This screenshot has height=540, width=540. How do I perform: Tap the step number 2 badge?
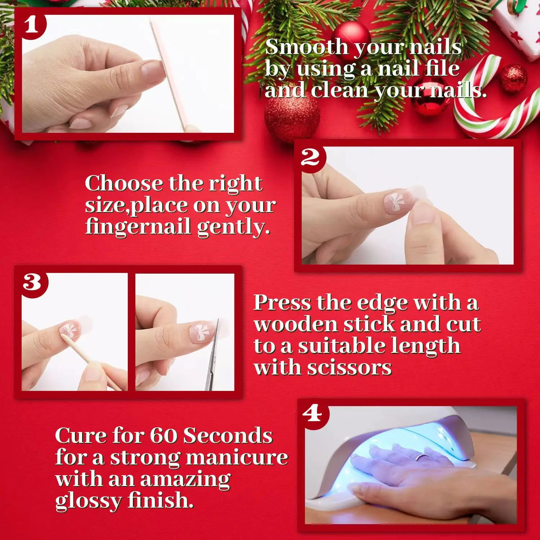click(311, 158)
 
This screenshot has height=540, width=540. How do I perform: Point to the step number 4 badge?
click(312, 414)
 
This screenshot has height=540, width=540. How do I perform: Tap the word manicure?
click(237, 458)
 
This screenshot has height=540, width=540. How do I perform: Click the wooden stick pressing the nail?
click(92, 360)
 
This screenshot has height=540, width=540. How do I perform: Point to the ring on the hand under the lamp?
click(422, 457)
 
